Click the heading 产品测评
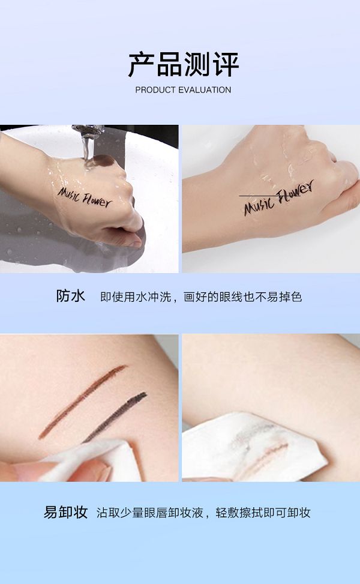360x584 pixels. [x=183, y=65]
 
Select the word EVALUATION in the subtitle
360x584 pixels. [x=205, y=90]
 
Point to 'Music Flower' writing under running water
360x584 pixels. [x=85, y=197]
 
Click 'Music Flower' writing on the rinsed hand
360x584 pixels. [x=279, y=198]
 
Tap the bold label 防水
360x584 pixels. [x=70, y=296]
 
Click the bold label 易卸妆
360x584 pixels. [x=65, y=512]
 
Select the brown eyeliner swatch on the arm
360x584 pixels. [x=82, y=402]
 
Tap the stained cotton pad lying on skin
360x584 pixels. [x=253, y=446]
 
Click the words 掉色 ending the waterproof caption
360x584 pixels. [x=290, y=297]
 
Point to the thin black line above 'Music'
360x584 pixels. [x=269, y=196]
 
